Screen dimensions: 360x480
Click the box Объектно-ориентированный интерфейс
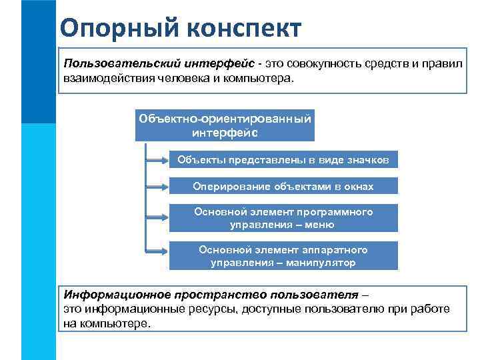pos(225,125)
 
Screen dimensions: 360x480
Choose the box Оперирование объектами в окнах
pos(283,187)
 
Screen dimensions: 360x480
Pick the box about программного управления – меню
pos(283,218)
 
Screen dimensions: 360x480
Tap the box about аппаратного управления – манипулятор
pos(283,256)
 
